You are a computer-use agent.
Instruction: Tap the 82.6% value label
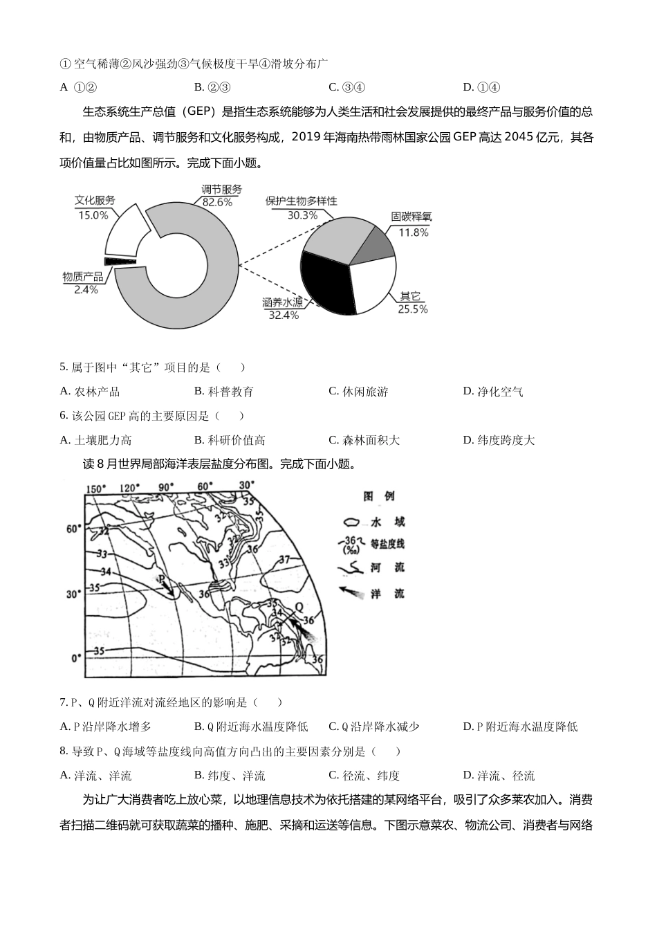[217, 202]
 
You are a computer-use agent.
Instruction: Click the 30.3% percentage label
[302, 215]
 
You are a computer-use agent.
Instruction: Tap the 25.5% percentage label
[413, 309]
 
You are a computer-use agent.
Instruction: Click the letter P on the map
[160, 578]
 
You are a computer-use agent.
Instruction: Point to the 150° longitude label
[95, 489]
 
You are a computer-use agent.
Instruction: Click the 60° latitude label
[73, 529]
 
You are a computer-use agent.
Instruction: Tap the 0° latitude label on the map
[76, 657]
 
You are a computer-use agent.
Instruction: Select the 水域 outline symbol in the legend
[353, 522]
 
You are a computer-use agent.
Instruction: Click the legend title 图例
[378, 496]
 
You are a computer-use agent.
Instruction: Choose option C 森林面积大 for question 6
[364, 440]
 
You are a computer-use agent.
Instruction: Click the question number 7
[63, 702]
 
